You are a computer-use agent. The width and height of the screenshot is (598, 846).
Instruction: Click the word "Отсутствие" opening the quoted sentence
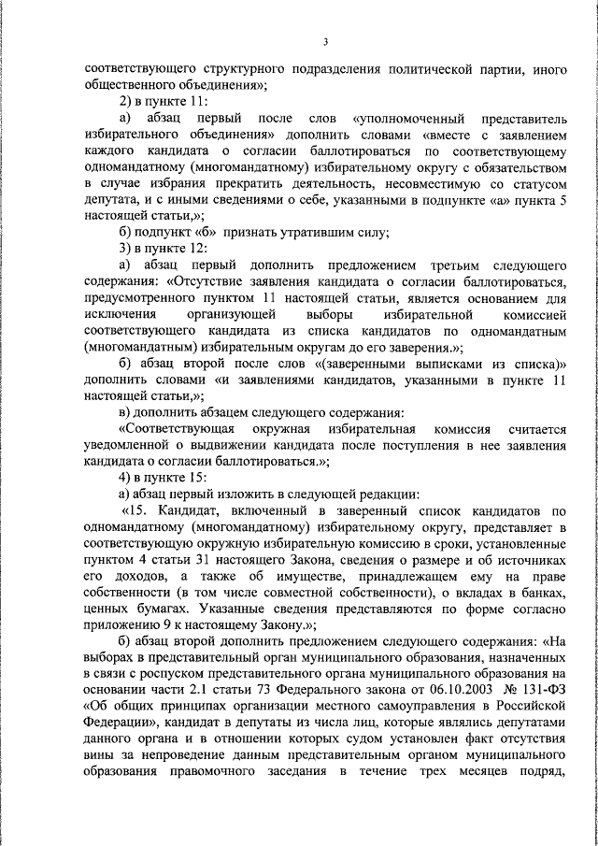click(x=217, y=281)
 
